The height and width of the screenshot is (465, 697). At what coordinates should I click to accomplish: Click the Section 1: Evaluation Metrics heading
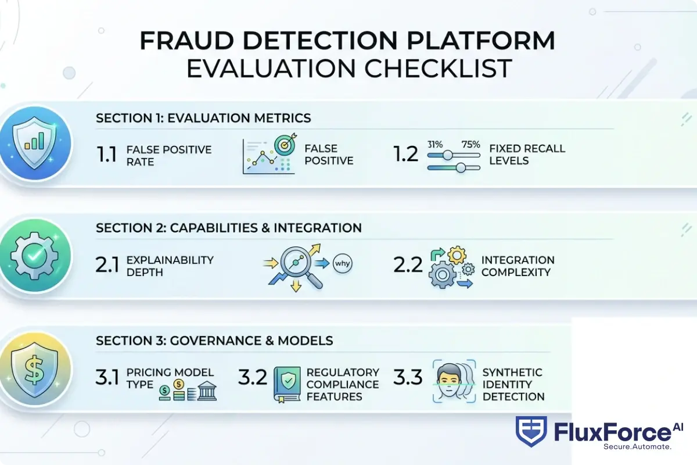[203, 118]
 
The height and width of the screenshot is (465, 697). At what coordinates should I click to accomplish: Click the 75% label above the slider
[470, 145]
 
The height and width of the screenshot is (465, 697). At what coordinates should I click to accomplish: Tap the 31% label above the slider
[436, 145]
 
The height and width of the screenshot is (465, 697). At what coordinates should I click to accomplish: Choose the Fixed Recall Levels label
[527, 154]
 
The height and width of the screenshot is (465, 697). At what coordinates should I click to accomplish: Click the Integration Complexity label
[518, 266]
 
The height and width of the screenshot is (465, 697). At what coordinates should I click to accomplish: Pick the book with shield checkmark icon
[286, 385]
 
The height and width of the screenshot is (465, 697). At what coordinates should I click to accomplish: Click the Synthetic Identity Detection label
[513, 384]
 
